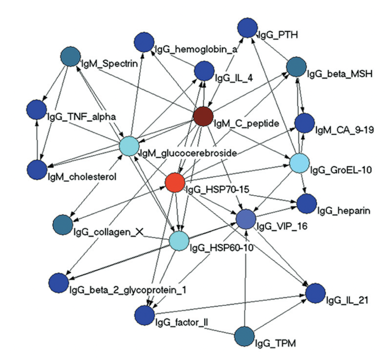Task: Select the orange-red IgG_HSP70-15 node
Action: click(x=175, y=183)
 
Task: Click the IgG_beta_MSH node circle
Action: click(x=295, y=67)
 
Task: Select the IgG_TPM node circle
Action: click(x=245, y=336)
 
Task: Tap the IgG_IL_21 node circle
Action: click(x=315, y=293)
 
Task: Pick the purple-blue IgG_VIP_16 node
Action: click(x=246, y=219)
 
